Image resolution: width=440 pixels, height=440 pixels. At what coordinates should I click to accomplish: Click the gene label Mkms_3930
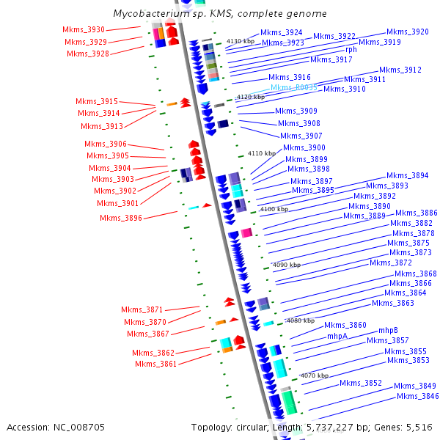[84, 29]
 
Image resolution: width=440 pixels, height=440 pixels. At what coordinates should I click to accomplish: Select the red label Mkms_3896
[121, 218]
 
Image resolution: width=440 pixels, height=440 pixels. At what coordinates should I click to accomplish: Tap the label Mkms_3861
[156, 364]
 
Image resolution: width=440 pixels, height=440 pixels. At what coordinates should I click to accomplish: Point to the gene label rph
[351, 50]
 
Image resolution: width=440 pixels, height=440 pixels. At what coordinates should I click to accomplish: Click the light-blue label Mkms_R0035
[294, 87]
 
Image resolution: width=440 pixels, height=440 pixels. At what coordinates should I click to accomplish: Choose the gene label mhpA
[337, 336]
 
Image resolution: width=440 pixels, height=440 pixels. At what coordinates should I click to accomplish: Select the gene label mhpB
[388, 330]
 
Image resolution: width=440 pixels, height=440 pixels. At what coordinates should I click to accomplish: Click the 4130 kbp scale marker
[240, 42]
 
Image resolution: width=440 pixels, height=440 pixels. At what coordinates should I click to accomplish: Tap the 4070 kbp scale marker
[314, 375]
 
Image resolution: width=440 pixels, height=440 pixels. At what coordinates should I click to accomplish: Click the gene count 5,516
[419, 427]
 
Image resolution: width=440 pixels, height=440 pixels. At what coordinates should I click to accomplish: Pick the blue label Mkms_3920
[408, 32]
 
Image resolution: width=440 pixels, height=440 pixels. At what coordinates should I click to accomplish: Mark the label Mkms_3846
[418, 397]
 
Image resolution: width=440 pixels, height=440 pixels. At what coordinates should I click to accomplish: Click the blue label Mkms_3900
[304, 148]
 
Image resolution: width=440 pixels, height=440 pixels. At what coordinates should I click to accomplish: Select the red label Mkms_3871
[142, 309]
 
